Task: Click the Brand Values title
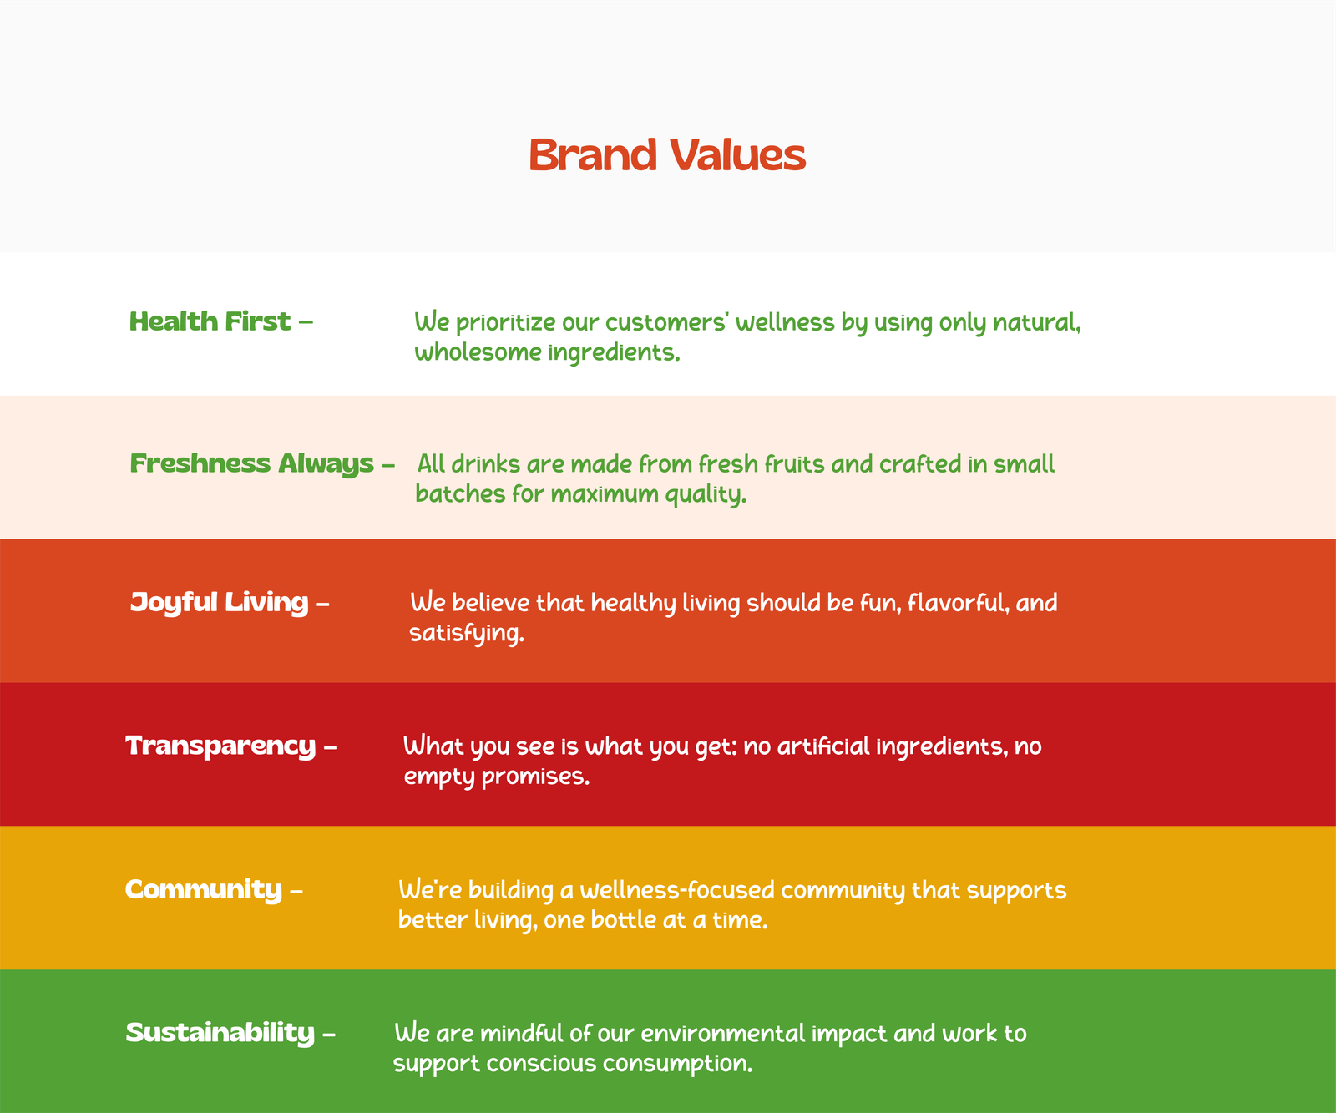pyautogui.click(x=667, y=155)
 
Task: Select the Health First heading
pyautogui.click(x=221, y=321)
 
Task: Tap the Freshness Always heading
pyautogui.click(x=262, y=463)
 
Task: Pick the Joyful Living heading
pyautogui.click(x=230, y=602)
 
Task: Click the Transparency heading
pyautogui.click(x=231, y=746)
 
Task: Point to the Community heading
pyautogui.click(x=214, y=889)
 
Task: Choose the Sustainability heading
pyautogui.click(x=230, y=1033)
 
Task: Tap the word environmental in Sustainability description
pyautogui.click(x=723, y=1034)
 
